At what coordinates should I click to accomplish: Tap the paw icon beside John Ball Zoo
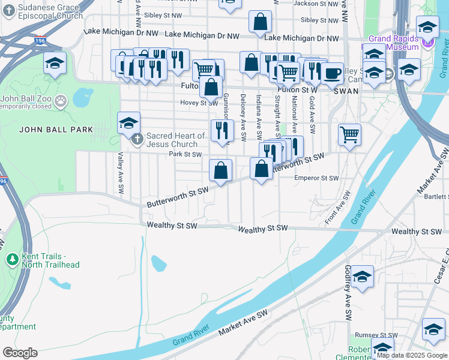(x=60, y=100)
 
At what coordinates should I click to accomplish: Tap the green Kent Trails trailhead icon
(x=11, y=259)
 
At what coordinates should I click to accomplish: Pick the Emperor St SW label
(x=317, y=178)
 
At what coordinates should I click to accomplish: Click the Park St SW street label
(x=185, y=154)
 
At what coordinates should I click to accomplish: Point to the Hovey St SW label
(x=199, y=103)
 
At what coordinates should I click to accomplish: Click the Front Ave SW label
(x=337, y=208)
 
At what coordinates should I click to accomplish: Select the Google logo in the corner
(x=20, y=352)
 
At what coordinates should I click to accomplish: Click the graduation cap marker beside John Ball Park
(x=128, y=123)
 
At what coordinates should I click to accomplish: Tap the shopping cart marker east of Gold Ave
(x=349, y=134)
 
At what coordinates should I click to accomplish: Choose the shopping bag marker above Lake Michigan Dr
(x=261, y=22)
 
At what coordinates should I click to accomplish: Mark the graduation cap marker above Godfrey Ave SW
(x=362, y=277)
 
